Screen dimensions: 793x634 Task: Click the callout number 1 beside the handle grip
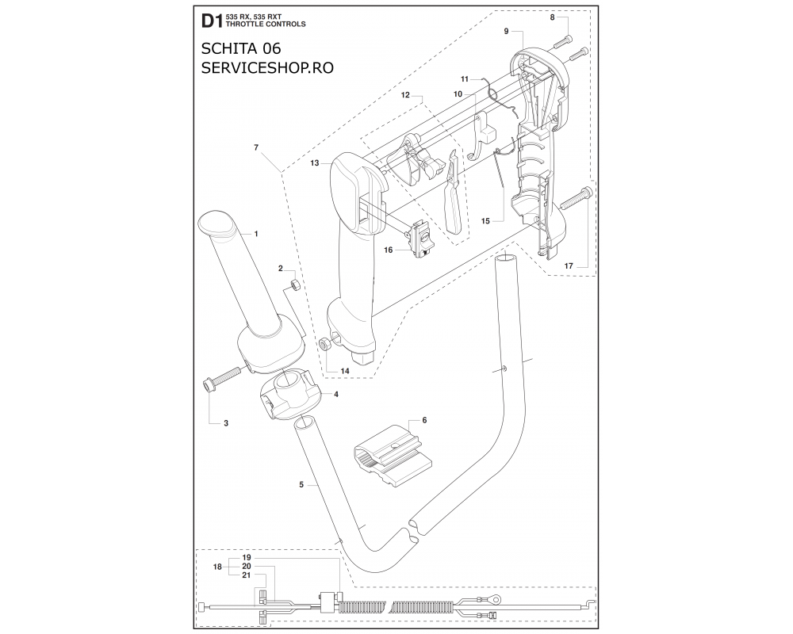(256, 234)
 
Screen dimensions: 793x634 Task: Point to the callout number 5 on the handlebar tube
(301, 484)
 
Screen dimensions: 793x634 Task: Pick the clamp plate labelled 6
(393, 456)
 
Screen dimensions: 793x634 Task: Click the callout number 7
(256, 147)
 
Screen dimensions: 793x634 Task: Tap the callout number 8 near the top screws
(552, 17)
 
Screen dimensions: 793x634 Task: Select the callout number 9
(506, 32)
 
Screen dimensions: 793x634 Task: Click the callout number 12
(405, 94)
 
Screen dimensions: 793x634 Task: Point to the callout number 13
(315, 162)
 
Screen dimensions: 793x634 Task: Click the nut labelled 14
(324, 344)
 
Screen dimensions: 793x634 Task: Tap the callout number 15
(485, 221)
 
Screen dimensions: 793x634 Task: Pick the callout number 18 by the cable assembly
(217, 567)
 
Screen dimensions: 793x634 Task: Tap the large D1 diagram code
(212, 21)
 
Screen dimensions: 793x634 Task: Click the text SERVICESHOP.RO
(267, 67)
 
